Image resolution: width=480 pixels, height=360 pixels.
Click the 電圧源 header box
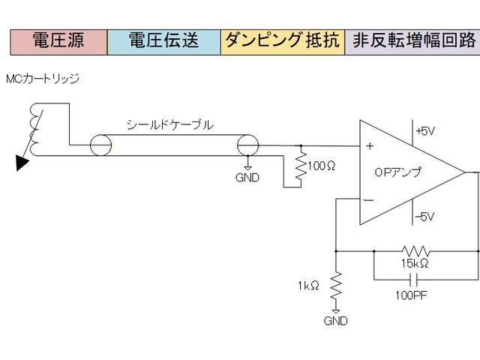[x=58, y=41]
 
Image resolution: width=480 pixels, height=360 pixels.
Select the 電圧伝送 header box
[x=164, y=41]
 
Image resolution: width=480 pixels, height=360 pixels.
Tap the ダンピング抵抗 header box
[x=283, y=41]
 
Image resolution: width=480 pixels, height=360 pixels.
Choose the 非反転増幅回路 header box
[x=412, y=41]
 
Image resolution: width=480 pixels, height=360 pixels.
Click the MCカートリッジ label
[x=42, y=79]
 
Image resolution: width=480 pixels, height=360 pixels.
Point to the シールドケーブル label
[x=169, y=125]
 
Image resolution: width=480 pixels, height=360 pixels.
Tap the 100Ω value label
[x=322, y=165]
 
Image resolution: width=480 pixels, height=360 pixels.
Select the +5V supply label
[x=424, y=131]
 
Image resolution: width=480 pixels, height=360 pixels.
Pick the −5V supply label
[x=424, y=217]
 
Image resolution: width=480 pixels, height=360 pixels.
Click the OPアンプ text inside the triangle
[x=397, y=172]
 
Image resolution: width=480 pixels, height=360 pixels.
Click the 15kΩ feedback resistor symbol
[x=415, y=250]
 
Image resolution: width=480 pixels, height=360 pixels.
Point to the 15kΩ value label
[x=414, y=264]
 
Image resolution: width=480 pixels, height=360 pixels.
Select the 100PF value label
[x=411, y=295]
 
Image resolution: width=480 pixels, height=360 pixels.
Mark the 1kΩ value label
[x=309, y=285]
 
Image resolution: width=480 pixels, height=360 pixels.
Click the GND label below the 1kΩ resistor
[x=335, y=321]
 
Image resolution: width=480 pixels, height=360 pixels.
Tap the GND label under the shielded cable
[x=247, y=178]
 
